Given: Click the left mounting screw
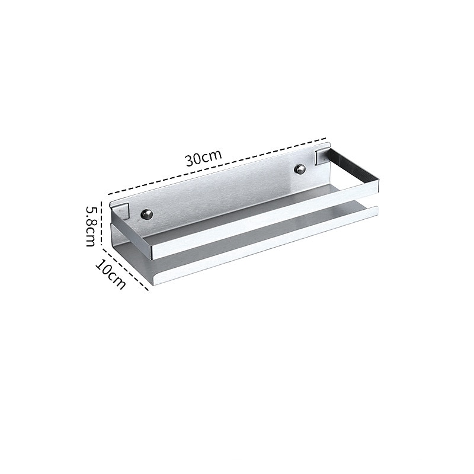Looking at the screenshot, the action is coord(147,214).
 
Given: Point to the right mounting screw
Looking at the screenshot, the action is coord(301,169).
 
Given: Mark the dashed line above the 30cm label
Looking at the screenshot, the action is coord(217,166).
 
